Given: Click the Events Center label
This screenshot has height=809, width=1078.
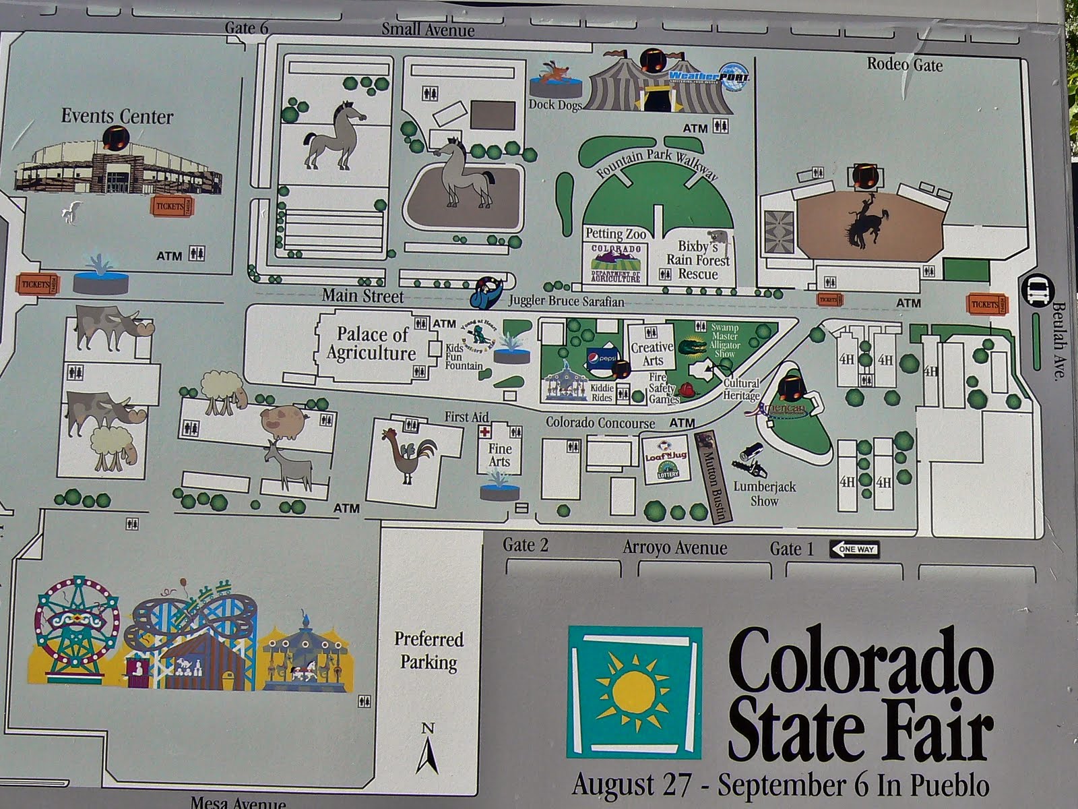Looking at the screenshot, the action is [x=117, y=116].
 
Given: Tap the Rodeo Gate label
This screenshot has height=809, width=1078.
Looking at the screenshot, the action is [x=904, y=65].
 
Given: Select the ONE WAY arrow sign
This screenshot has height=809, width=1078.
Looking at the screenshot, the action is [x=855, y=549].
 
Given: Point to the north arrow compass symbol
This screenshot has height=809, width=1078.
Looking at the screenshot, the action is [x=427, y=748].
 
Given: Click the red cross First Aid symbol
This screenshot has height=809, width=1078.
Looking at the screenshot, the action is [x=484, y=432].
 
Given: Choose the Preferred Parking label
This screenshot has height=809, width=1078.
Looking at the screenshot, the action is [x=429, y=651].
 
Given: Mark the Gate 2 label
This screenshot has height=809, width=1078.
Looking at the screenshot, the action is [x=525, y=545].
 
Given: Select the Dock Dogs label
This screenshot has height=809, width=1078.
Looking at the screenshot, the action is [x=554, y=104].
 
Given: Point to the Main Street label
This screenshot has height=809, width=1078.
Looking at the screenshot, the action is [x=362, y=296].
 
